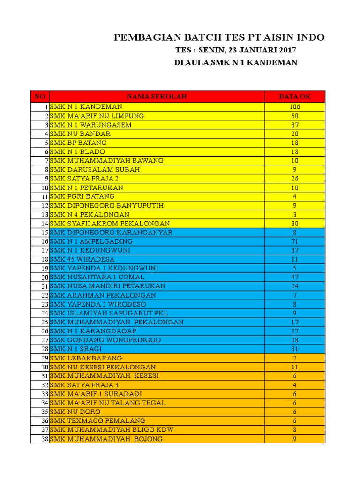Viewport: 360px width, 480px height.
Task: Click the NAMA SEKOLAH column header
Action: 157,97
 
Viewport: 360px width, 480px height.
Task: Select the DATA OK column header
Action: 295,97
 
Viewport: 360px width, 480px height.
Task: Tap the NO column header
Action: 40,97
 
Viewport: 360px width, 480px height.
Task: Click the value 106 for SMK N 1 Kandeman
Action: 295,107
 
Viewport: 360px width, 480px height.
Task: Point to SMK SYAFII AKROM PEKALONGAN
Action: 110,224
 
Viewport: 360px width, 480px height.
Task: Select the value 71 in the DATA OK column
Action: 295,241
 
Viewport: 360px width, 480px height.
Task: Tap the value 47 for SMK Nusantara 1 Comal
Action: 295,277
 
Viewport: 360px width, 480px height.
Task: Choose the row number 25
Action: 45,322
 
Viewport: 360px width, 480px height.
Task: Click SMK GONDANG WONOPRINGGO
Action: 105,340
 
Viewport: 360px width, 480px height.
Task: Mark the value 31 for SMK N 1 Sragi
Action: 295,349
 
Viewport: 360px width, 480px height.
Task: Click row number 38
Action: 45,439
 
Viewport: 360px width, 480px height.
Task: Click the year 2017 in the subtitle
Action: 285,50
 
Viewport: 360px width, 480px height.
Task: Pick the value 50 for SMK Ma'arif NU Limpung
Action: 295,116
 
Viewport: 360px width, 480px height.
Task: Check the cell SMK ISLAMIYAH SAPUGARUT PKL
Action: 109,313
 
